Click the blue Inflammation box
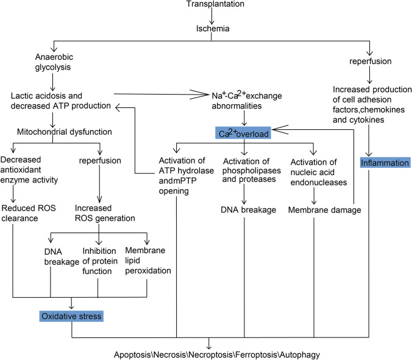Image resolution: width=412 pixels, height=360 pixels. pyautogui.click(x=385, y=162)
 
